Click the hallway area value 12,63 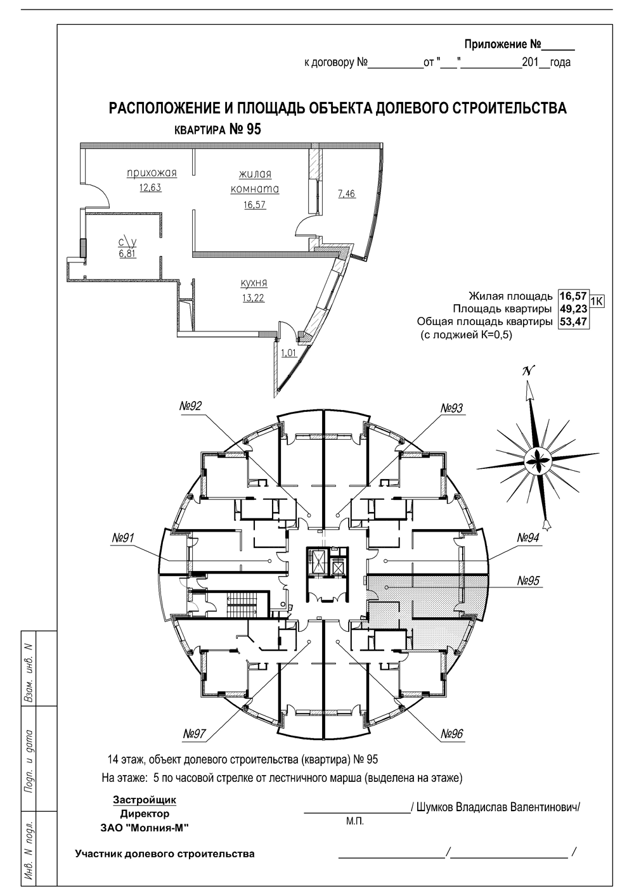point(150,187)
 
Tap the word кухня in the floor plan point(254,283)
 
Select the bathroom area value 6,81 point(127,253)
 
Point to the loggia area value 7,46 point(347,194)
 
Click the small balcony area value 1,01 point(288,353)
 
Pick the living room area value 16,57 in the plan point(255,205)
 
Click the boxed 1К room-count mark point(597,301)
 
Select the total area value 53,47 point(573,322)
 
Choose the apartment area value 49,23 point(573,309)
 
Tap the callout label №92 point(191,407)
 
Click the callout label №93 point(451,408)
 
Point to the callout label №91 point(123,538)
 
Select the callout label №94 point(528,537)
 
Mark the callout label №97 point(195,734)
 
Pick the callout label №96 point(452,734)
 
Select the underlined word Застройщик point(145,800)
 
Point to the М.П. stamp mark point(354,822)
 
